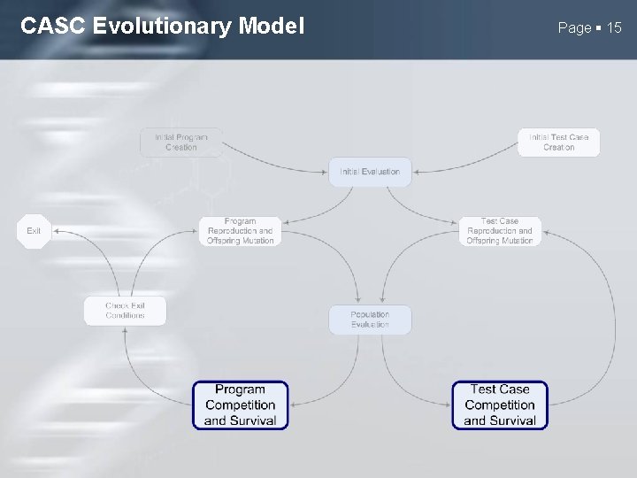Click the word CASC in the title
(52, 27)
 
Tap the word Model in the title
(271, 27)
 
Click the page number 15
(613, 28)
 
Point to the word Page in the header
(574, 28)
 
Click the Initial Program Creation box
(181, 143)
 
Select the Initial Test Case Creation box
(558, 143)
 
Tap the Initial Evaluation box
(370, 172)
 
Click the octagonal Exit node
(34, 231)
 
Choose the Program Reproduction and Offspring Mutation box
(240, 231)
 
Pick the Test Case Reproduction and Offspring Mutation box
(500, 231)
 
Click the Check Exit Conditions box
(125, 311)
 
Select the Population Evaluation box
(370, 320)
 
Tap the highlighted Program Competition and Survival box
(241, 405)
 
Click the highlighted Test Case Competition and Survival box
(500, 405)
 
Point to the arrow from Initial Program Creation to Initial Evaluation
(274, 163)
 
